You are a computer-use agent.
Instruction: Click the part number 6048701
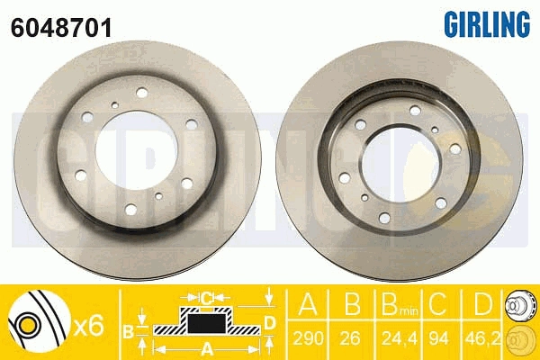click(x=61, y=28)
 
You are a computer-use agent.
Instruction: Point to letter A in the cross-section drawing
click(x=207, y=348)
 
